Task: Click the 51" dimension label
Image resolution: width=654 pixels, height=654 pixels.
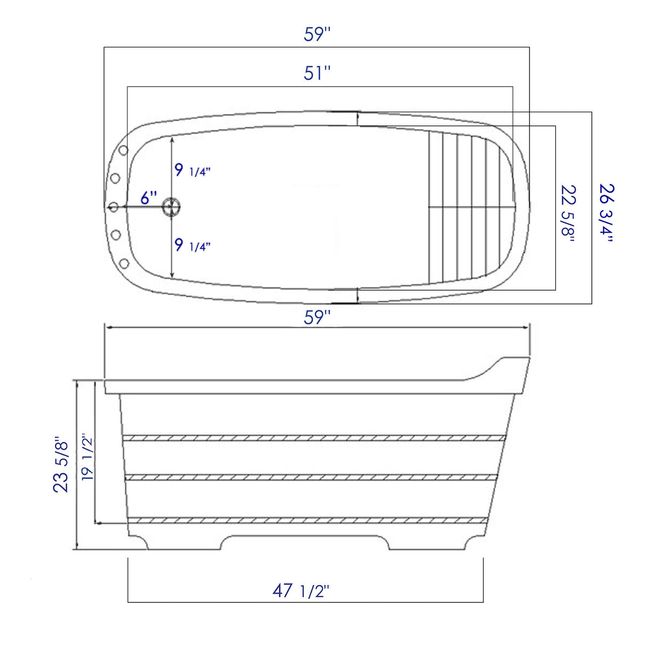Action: [317, 73]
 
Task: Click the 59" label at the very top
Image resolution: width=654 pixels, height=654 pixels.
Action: [317, 34]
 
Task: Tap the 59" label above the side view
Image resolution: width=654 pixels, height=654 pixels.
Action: [317, 317]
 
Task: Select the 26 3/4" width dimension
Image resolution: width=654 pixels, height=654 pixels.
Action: [607, 213]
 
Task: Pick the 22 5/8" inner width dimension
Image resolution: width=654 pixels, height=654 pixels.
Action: [568, 213]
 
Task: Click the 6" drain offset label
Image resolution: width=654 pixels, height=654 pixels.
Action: [149, 198]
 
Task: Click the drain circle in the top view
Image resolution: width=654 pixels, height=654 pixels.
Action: [171, 206]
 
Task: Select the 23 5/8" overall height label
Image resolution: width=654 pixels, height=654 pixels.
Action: [61, 464]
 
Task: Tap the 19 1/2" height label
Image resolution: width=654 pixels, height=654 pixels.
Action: [87, 457]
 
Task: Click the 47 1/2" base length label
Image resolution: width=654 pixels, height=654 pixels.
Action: [301, 591]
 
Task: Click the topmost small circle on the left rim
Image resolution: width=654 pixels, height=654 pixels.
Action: [123, 150]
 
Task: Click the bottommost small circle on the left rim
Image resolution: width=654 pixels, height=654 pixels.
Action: [123, 263]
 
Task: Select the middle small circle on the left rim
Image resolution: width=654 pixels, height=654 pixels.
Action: [114, 207]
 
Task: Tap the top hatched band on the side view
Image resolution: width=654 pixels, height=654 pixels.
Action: [314, 438]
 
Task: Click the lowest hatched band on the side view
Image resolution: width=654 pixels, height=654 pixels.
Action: [307, 520]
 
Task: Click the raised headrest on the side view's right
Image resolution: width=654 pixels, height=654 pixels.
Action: [509, 366]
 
